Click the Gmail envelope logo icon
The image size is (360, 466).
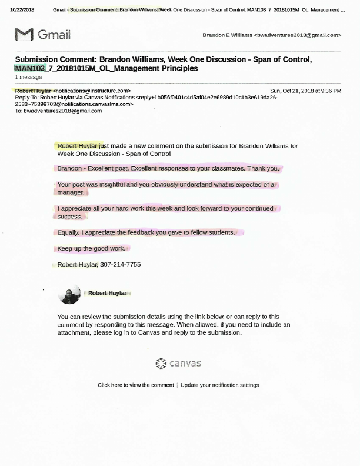pyautogui.click(x=24, y=35)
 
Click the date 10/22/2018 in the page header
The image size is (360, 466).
pyautogui.click(x=22, y=10)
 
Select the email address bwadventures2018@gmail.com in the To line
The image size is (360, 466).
pyautogui.click(x=63, y=111)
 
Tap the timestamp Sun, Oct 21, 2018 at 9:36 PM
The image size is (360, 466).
pyautogui.click(x=305, y=91)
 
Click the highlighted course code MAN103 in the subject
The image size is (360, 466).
pyautogui.click(x=30, y=69)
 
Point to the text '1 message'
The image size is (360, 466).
pyautogui.click(x=28, y=77)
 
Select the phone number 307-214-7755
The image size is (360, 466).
pyautogui.click(x=121, y=265)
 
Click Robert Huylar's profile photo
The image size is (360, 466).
pyautogui.click(x=70, y=294)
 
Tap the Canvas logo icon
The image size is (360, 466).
pyautogui.click(x=161, y=364)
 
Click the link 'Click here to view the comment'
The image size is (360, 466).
pyautogui.click(x=136, y=385)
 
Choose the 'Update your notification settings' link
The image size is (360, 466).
pyautogui.click(x=219, y=385)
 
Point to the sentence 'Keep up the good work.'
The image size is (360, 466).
pyautogui.click(x=91, y=249)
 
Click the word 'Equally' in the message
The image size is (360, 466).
pyautogui.click(x=68, y=232)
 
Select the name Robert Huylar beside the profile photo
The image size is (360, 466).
pyautogui.click(x=107, y=293)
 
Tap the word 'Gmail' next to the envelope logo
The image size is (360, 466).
pyautogui.click(x=54, y=35)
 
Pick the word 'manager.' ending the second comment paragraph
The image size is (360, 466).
pyautogui.click(x=71, y=192)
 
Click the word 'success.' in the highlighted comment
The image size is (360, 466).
pyautogui.click(x=69, y=217)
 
